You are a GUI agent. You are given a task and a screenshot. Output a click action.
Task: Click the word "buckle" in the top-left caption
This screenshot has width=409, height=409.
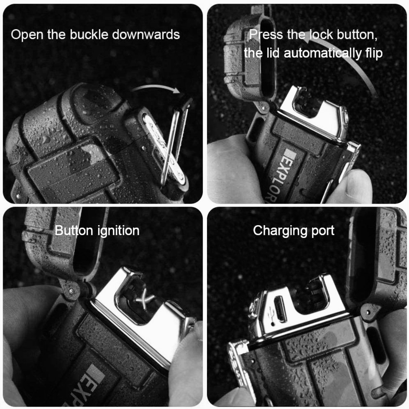click(89, 34)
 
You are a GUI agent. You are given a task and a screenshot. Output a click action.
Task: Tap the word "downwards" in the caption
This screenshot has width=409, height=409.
click(146, 34)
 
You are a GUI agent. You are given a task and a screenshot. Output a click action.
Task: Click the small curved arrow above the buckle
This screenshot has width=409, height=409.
click(156, 88)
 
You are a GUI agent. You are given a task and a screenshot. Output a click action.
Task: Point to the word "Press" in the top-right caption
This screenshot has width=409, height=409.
click(266, 34)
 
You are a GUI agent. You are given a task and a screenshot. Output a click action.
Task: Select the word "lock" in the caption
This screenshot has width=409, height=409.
click(321, 34)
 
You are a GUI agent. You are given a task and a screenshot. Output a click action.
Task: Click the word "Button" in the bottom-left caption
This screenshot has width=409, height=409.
click(74, 231)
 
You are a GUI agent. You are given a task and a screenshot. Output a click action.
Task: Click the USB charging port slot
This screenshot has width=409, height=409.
click(280, 308)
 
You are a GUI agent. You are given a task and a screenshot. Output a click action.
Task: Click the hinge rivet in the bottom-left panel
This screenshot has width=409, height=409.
click(71, 290)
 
